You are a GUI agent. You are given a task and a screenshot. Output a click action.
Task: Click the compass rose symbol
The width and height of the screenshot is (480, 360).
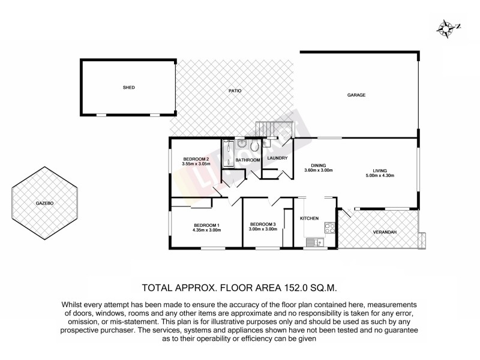[x=446, y=26]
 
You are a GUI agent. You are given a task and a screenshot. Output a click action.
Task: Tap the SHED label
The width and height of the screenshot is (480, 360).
[x=128, y=88]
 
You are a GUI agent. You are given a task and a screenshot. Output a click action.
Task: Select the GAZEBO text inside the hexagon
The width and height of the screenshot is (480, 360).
[x=45, y=204]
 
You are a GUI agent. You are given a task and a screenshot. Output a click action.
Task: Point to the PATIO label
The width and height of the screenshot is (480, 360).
[x=235, y=91]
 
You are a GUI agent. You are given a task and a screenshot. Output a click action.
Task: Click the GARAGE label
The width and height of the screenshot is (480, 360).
[x=356, y=95]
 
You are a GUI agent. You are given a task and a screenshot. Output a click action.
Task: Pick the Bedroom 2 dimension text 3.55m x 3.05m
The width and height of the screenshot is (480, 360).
[x=196, y=163]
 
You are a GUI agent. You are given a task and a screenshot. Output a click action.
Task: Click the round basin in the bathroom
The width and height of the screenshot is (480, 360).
[x=241, y=143]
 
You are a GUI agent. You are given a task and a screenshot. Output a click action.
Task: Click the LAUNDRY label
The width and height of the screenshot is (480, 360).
[x=277, y=158]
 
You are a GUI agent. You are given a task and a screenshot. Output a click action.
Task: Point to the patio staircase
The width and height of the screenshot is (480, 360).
[x=273, y=128]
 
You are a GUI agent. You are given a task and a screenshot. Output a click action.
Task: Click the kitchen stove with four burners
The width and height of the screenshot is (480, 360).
[x=329, y=227]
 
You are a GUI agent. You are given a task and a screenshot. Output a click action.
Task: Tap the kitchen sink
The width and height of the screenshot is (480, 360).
[x=313, y=242]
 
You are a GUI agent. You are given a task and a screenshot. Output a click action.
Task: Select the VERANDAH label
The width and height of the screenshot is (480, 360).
[x=384, y=232]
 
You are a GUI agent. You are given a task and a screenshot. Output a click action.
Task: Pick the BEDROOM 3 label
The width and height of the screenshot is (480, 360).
[x=263, y=223]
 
